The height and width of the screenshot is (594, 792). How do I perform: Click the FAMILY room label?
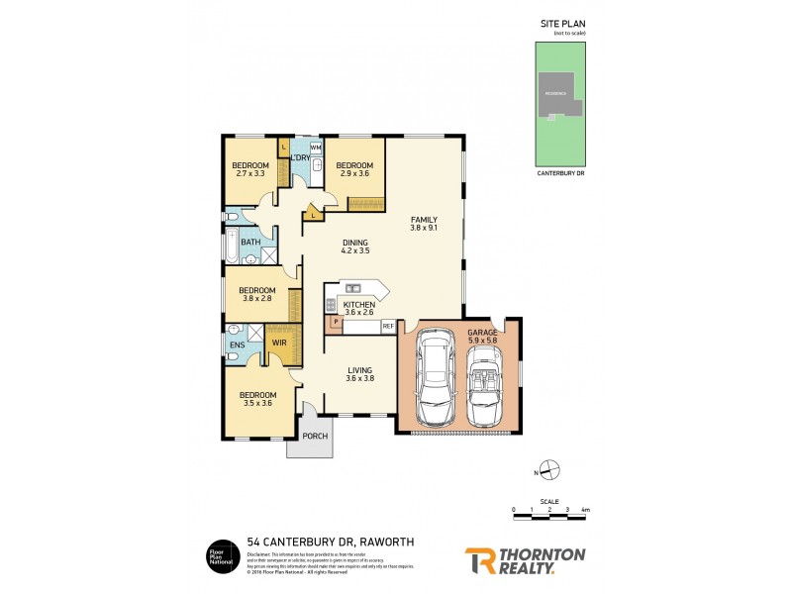424,221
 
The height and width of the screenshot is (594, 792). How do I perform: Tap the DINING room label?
354,243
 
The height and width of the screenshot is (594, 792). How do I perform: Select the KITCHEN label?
359,305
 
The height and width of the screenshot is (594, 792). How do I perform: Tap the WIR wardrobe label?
279,344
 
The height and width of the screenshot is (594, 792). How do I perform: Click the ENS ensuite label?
237,346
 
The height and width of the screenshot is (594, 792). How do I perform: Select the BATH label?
249,242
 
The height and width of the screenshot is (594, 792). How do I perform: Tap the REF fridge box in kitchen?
388,326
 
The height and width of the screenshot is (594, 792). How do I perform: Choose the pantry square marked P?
336,322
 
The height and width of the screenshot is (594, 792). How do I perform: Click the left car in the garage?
434,379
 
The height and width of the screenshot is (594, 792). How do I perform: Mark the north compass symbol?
551,470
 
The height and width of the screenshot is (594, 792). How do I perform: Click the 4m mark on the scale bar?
586,510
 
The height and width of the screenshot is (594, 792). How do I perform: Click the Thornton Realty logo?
525,560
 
